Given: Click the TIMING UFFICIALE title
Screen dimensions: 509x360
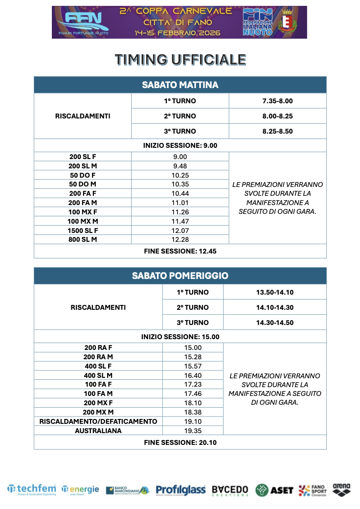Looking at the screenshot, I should [x=180, y=60].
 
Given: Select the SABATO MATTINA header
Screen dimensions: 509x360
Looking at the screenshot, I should [x=180, y=85].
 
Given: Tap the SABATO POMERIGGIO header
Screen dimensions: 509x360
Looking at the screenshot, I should [x=180, y=276].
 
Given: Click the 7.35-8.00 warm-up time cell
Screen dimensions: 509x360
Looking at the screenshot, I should [x=277, y=101].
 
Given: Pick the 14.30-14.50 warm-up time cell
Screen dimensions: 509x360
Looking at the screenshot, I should [x=275, y=322].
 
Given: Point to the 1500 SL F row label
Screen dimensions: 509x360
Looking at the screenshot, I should [x=83, y=230].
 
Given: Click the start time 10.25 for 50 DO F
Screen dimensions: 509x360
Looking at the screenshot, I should [x=180, y=175].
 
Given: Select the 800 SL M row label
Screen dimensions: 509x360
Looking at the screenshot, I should [x=83, y=239].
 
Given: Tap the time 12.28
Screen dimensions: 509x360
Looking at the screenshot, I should [x=180, y=239].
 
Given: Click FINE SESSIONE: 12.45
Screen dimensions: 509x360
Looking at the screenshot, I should [x=180, y=251].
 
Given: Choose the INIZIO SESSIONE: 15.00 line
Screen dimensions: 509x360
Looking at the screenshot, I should [x=180, y=337].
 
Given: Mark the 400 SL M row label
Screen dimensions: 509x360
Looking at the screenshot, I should [x=98, y=375].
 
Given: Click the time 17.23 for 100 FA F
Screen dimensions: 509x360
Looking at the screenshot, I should [x=193, y=384].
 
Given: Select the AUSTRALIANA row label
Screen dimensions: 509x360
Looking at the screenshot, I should [x=98, y=431].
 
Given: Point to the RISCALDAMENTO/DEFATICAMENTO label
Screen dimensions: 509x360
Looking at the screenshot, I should [x=98, y=421].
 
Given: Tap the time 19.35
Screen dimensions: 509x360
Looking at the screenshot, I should [x=193, y=431].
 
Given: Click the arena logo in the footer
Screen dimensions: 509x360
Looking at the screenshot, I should [x=341, y=489].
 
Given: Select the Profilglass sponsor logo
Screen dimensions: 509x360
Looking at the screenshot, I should [x=180, y=489].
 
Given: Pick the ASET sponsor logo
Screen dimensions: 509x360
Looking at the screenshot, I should [x=274, y=489].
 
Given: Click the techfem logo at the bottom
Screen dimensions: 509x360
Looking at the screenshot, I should [x=32, y=489].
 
